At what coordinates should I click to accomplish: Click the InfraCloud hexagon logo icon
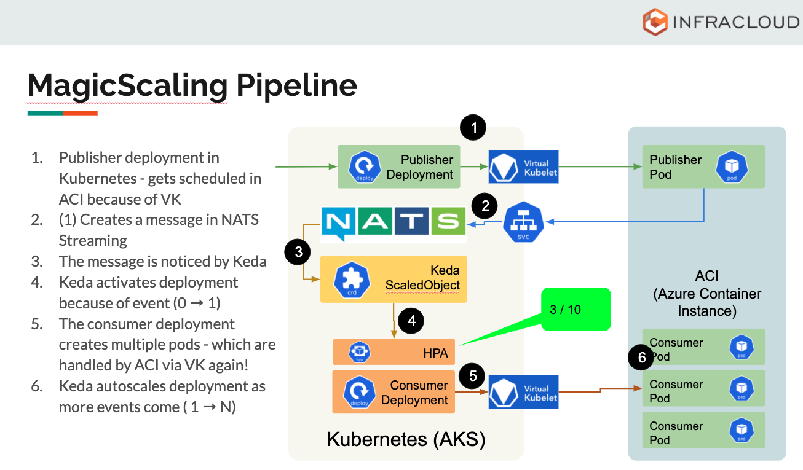pyautogui.click(x=655, y=22)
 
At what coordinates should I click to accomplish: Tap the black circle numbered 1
pyautogui.click(x=473, y=128)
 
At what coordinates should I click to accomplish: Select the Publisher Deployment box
pyautogui.click(x=398, y=166)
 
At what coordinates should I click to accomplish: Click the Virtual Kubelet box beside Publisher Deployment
pyautogui.click(x=523, y=166)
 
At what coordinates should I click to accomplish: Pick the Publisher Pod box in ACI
pyautogui.click(x=703, y=166)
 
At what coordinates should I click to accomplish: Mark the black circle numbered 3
pyautogui.click(x=298, y=251)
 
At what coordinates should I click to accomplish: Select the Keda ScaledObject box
pyautogui.click(x=394, y=279)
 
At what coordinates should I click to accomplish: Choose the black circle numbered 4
pyautogui.click(x=411, y=320)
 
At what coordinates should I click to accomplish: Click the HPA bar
pyautogui.click(x=394, y=352)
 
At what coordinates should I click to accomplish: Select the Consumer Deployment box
pyautogui.click(x=394, y=392)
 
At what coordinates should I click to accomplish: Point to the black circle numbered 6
pyautogui.click(x=642, y=358)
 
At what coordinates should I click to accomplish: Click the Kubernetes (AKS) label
pyautogui.click(x=406, y=439)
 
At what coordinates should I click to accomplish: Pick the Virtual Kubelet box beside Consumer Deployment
pyautogui.click(x=523, y=392)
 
